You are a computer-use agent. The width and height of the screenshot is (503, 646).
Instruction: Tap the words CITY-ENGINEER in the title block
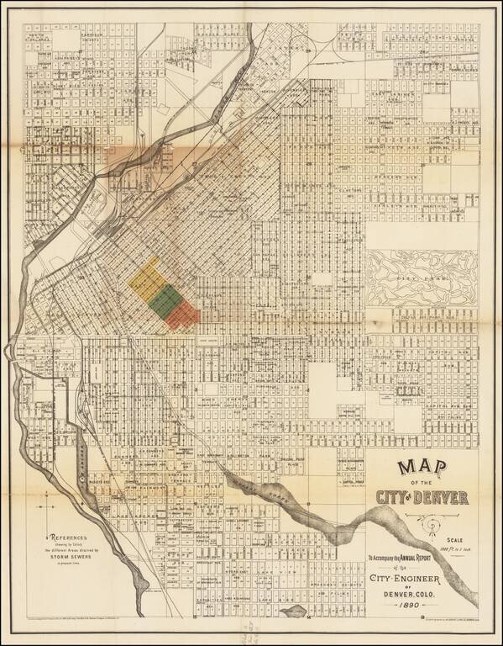pos(417,577)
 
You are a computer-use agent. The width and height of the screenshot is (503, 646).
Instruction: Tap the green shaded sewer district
pos(164,297)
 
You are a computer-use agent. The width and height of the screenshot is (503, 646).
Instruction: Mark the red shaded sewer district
pos(182,315)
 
